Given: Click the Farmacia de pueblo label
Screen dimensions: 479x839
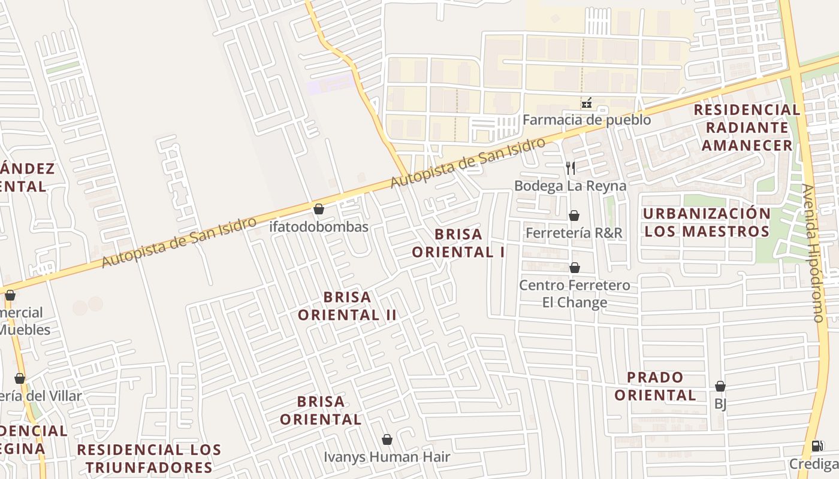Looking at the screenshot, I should [x=586, y=120].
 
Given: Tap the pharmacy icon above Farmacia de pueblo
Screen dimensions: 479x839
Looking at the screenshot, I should [x=587, y=103].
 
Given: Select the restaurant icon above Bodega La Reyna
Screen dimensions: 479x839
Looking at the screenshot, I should [x=571, y=168].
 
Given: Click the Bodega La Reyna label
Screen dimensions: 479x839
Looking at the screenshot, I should [x=570, y=186].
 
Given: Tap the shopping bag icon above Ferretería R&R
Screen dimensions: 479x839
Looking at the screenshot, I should [x=574, y=216].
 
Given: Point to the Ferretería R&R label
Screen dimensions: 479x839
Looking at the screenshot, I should [x=574, y=232].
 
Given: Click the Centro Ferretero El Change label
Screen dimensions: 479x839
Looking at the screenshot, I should [x=574, y=293].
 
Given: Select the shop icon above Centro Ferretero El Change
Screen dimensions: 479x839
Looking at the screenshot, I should [x=574, y=268].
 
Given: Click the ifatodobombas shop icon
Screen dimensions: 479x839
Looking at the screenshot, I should [x=319, y=209].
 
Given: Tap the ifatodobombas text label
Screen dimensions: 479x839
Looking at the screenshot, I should [x=319, y=227].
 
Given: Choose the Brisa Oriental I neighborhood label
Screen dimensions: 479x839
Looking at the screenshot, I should [x=458, y=242].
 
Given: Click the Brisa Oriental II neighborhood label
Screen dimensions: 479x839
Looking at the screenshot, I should [x=348, y=305].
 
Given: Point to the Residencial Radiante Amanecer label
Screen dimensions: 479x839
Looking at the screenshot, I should [x=747, y=128].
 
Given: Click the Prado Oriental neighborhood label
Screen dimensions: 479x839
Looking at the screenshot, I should [x=655, y=386].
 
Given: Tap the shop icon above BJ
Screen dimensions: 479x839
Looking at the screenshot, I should [x=720, y=387].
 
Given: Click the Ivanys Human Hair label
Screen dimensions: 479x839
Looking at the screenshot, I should [x=387, y=457].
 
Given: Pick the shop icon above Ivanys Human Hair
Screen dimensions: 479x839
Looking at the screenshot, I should [x=387, y=439].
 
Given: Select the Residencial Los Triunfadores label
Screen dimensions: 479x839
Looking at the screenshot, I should [x=149, y=458].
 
